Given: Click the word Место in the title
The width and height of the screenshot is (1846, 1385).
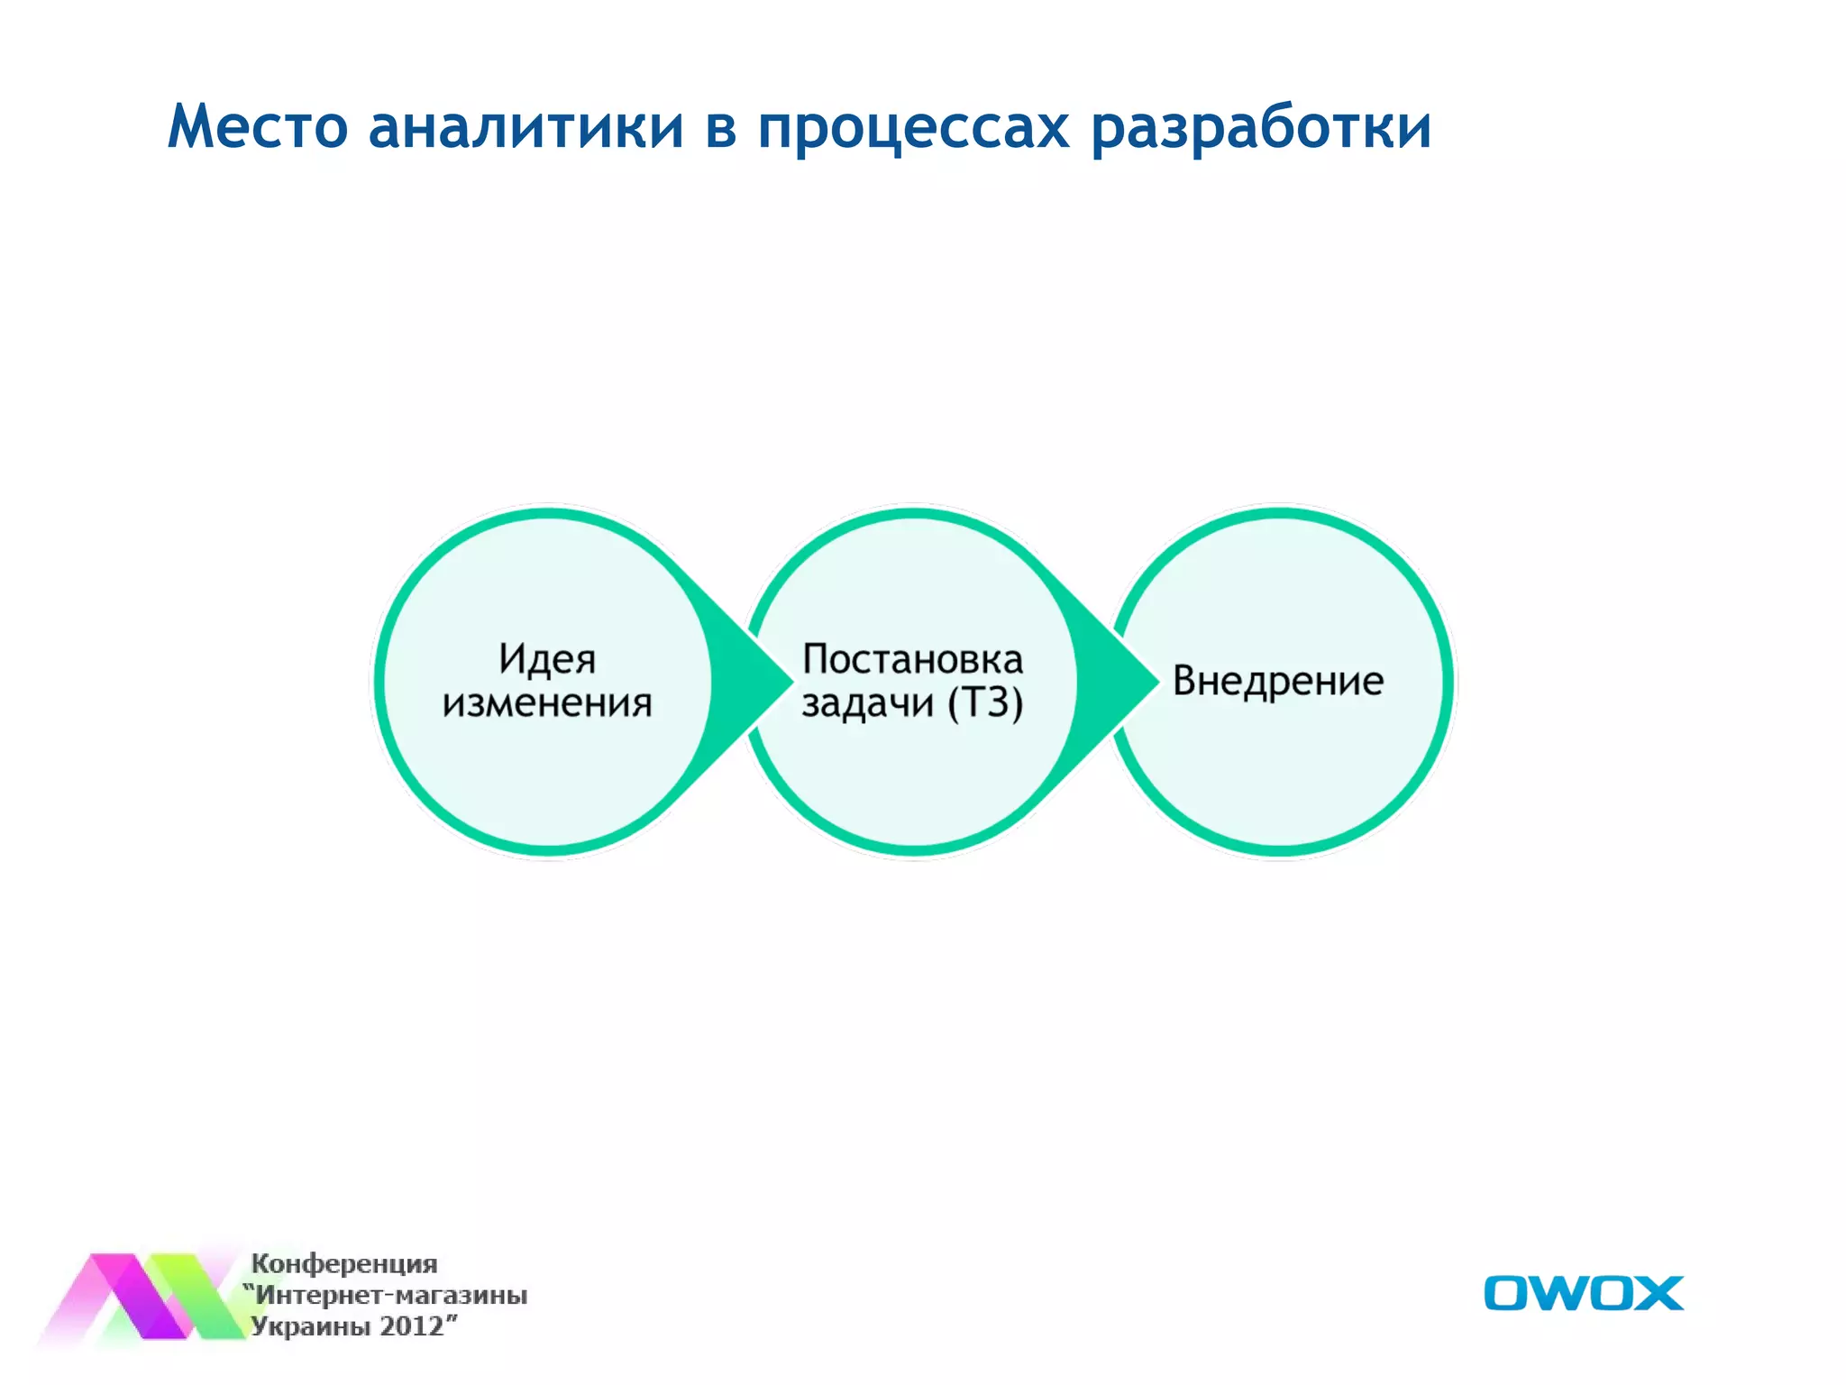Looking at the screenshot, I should coord(258,126).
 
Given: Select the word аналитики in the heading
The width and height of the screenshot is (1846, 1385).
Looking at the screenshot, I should coord(526,126).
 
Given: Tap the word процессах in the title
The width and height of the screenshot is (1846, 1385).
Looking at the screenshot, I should coord(913,126).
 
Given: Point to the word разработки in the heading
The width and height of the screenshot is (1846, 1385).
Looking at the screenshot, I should coord(1261,126).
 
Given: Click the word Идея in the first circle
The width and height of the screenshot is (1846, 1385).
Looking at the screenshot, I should coord(547,659).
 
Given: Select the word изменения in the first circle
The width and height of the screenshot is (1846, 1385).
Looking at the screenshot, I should coord(547,703).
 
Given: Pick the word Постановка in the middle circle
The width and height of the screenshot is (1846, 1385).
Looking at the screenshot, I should coord(912,659).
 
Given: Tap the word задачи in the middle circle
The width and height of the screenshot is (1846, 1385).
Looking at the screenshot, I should coord(867,703).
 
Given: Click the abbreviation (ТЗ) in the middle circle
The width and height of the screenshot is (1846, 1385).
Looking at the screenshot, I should coord(985,703).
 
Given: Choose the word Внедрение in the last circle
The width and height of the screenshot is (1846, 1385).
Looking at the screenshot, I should coord(1278,681).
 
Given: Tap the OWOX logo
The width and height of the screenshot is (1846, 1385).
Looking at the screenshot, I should coord(1583,1293).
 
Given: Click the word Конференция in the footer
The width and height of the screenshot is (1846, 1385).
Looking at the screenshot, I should coord(343,1263).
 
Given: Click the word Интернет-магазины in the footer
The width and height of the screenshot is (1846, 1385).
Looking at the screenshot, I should coord(391,1295).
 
